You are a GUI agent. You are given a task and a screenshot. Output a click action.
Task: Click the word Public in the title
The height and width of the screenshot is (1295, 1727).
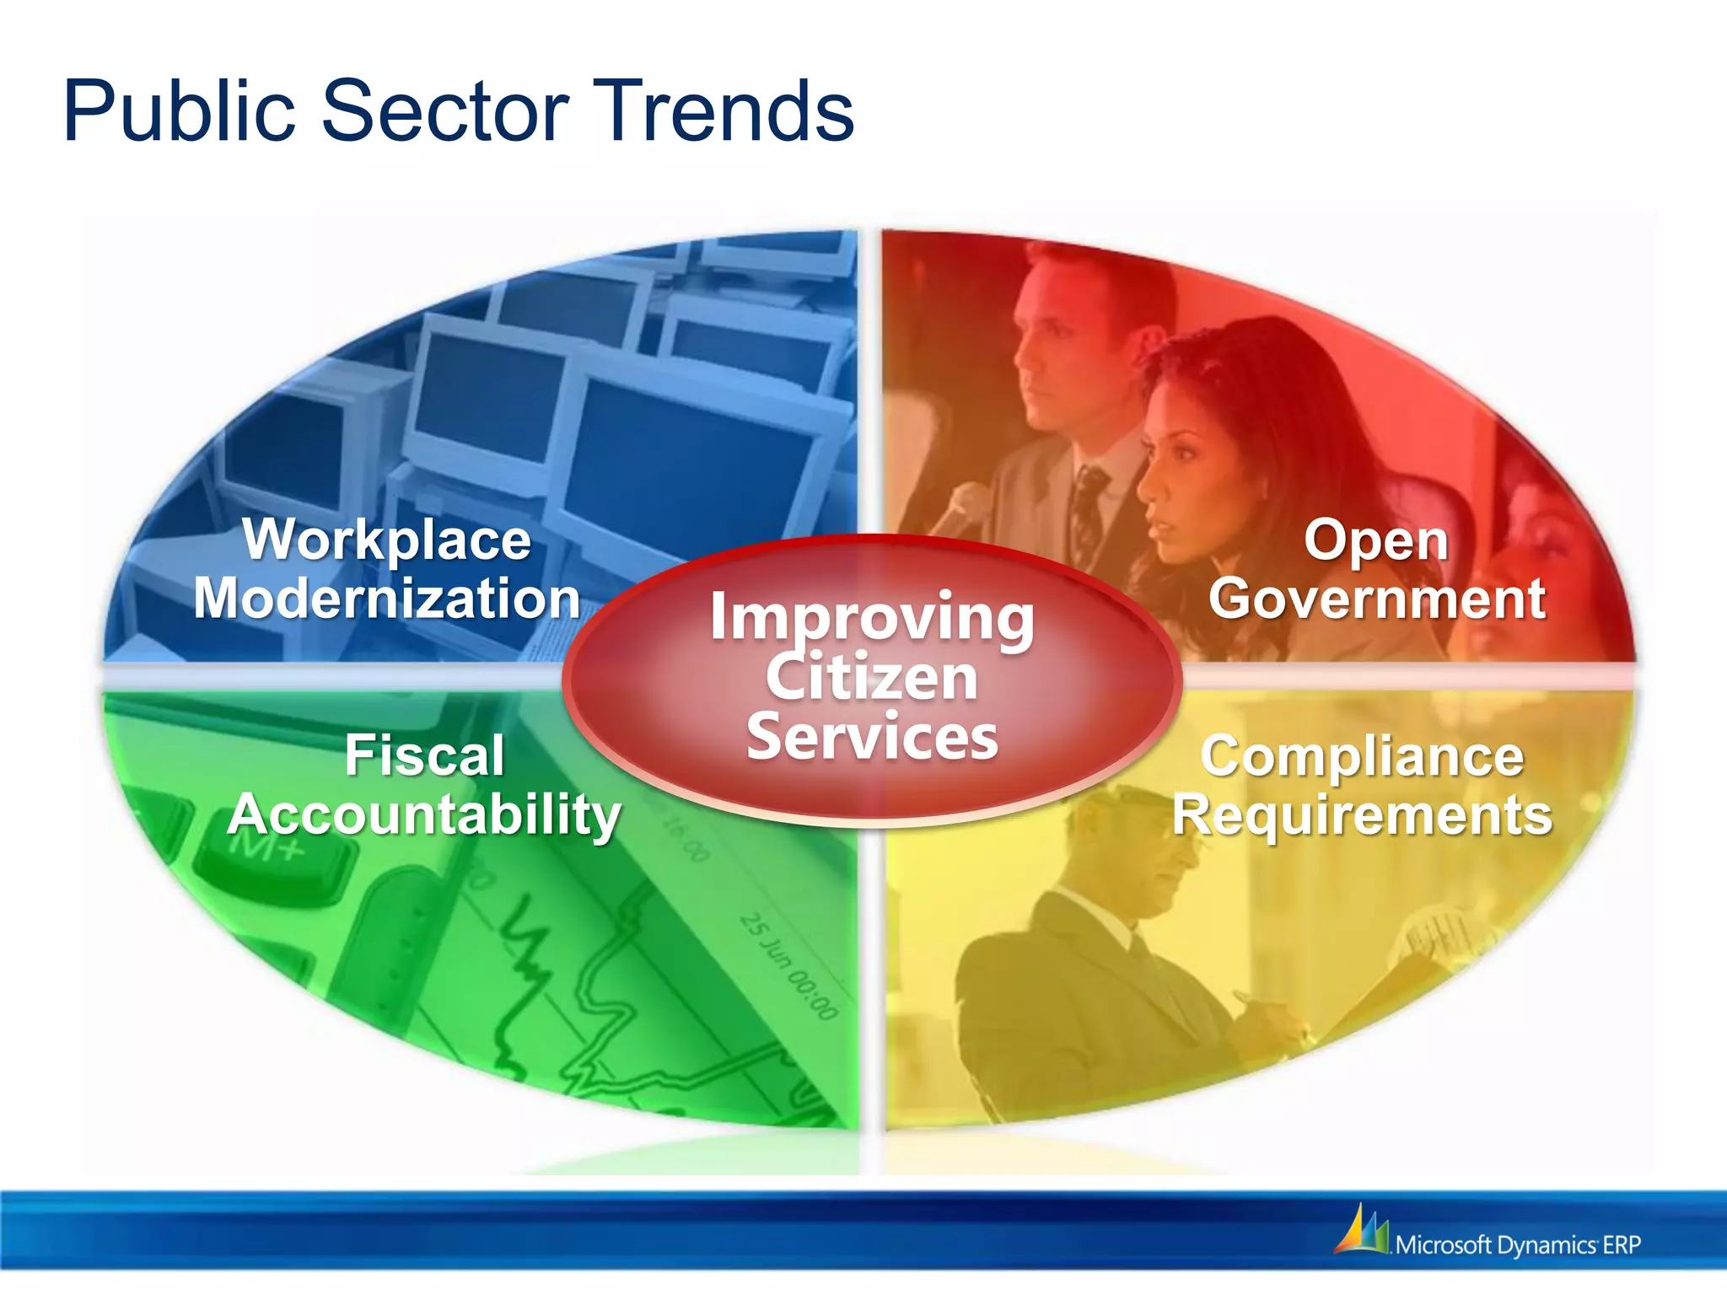click(179, 112)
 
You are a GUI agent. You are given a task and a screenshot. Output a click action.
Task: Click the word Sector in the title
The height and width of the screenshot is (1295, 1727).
click(445, 112)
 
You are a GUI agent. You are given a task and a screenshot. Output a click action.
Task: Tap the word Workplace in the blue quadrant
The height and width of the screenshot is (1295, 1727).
click(387, 540)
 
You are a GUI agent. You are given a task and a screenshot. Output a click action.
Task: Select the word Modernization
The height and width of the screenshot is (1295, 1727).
click(387, 599)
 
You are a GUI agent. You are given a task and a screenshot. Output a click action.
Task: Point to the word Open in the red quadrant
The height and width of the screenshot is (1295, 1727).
click(1376, 541)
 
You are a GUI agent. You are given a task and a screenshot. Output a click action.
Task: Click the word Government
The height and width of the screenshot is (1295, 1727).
click(1376, 599)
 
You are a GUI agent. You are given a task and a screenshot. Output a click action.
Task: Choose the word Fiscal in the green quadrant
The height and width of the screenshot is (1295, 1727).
click(424, 755)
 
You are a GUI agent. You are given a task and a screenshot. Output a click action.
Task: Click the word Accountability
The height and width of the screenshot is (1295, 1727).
click(424, 815)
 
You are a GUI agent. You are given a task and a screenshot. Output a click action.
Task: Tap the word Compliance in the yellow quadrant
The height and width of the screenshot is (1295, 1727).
click(1362, 756)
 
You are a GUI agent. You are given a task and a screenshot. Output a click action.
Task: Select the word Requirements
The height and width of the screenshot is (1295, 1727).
click(1362, 815)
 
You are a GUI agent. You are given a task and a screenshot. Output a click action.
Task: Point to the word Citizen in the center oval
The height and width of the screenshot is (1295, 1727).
click(872, 677)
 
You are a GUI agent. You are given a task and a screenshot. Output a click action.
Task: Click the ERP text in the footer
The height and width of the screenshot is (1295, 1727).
click(1621, 1245)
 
